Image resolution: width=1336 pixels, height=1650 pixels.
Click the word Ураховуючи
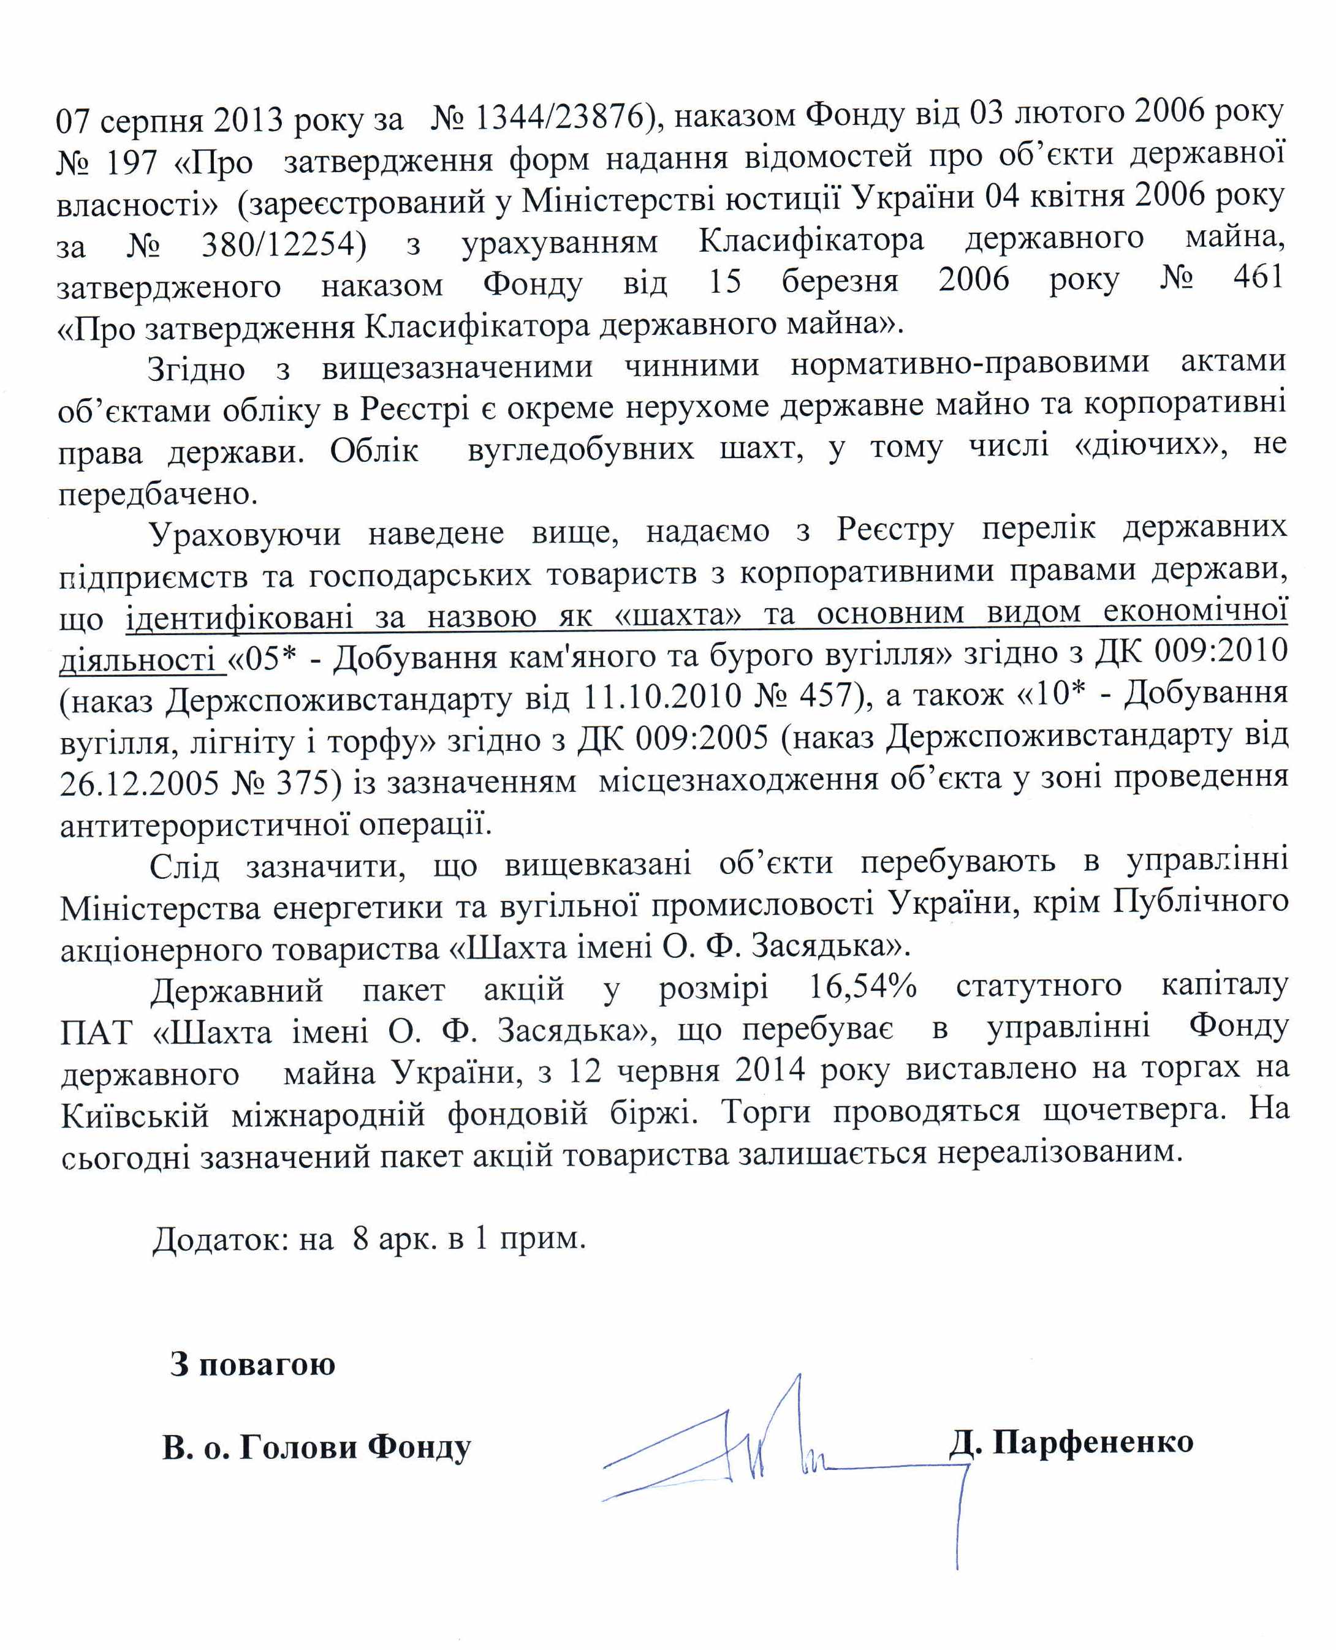point(245,533)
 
